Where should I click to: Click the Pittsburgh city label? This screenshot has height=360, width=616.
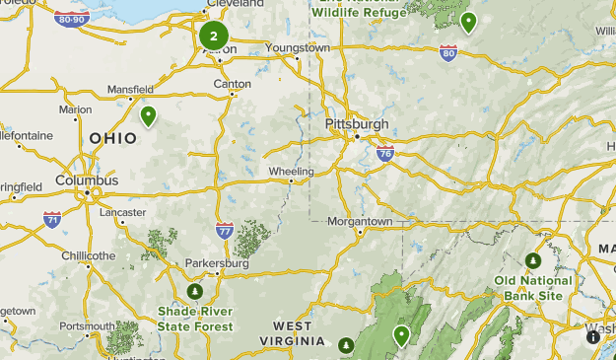[x=356, y=124]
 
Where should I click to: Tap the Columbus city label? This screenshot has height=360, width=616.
[x=87, y=180]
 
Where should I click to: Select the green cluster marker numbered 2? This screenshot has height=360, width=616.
[x=213, y=36]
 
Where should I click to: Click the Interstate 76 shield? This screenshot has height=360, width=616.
[x=385, y=153]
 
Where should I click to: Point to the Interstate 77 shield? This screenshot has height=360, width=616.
[x=225, y=231]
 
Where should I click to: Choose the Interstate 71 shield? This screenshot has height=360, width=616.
[x=51, y=219]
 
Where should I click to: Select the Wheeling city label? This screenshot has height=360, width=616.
[x=291, y=171]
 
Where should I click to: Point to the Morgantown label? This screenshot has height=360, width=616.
[x=360, y=222]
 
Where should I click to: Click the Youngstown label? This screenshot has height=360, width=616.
[x=298, y=47]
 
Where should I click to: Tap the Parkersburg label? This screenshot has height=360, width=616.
[x=217, y=263]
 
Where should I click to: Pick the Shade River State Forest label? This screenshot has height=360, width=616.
[x=195, y=319]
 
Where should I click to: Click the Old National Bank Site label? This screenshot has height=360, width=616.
[x=533, y=287]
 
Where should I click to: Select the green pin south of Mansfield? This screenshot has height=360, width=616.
[x=149, y=116]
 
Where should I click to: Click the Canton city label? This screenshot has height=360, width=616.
[x=233, y=84]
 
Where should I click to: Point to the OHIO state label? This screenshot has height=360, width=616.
[x=113, y=139]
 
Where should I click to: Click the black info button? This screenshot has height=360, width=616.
[x=593, y=337]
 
